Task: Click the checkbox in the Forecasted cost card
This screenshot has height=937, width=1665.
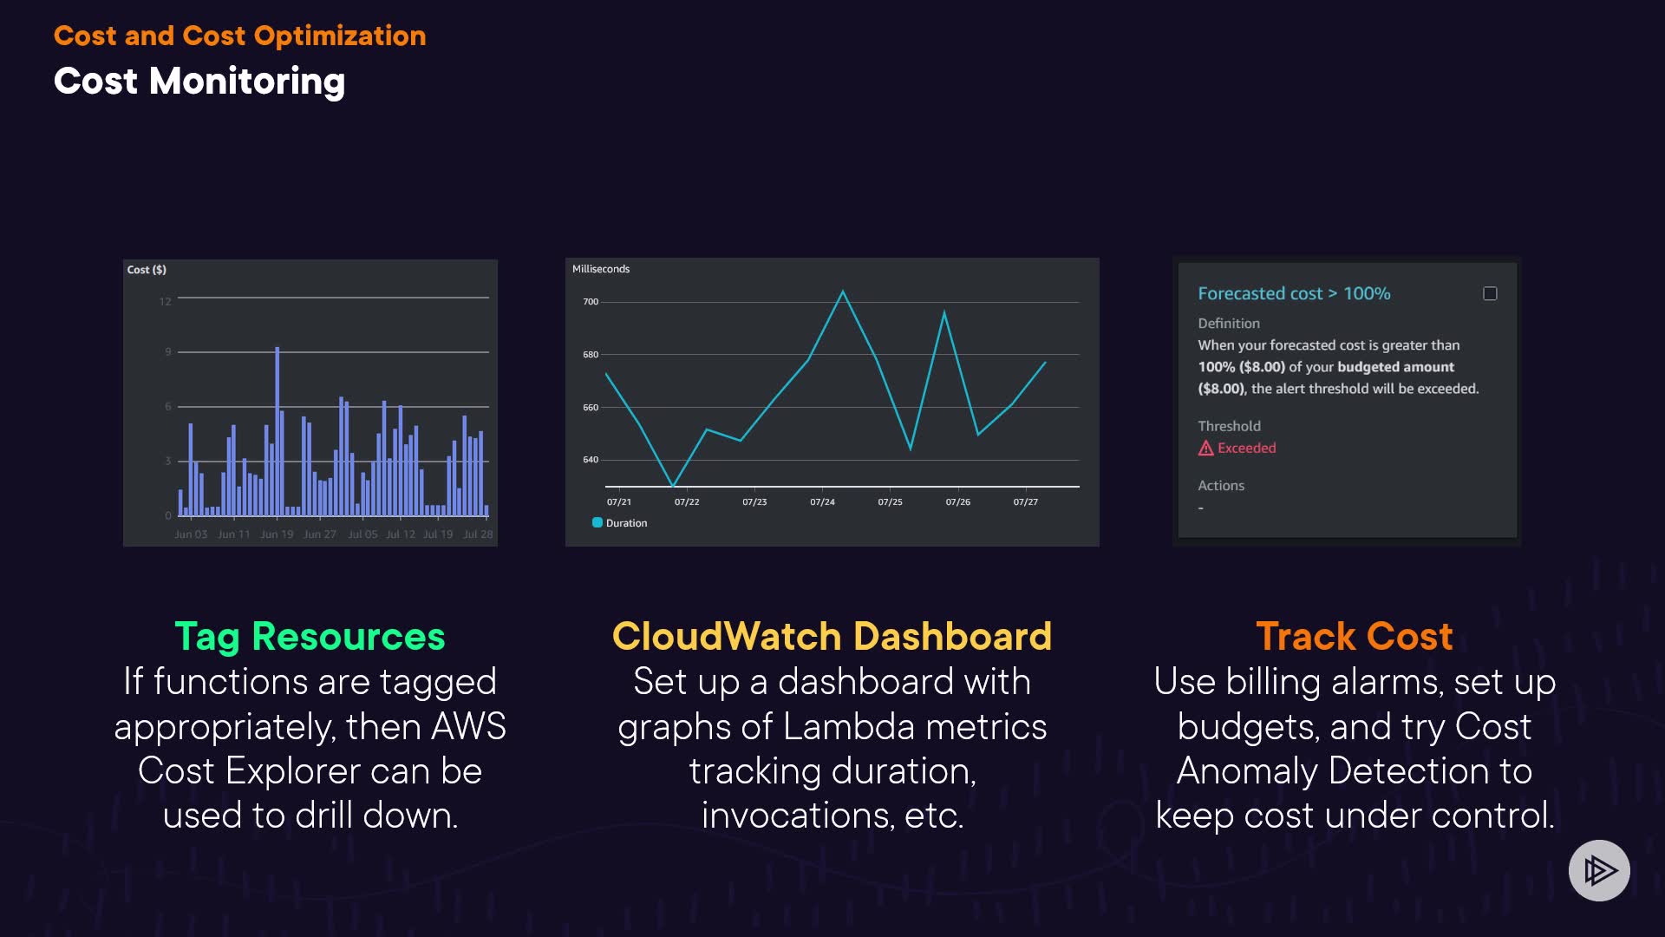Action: (x=1490, y=294)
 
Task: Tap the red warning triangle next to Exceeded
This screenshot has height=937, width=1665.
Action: (x=1205, y=449)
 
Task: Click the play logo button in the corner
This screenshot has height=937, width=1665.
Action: (x=1599, y=870)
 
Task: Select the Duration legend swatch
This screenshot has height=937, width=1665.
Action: (x=597, y=522)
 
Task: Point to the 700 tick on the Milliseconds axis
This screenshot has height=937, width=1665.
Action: (x=591, y=302)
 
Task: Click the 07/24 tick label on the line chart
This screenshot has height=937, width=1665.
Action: (x=822, y=502)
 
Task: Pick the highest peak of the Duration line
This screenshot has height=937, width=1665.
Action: (x=842, y=292)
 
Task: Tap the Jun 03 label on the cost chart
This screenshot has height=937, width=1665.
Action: (x=191, y=534)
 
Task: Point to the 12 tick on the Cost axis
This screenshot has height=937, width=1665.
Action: (x=165, y=302)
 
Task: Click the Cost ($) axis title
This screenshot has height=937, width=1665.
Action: (x=147, y=270)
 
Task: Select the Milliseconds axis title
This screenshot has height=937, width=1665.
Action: (x=601, y=269)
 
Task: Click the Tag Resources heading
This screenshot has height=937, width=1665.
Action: (x=310, y=636)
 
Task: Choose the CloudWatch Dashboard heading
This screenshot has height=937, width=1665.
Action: (x=832, y=636)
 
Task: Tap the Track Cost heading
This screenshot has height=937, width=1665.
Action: (x=1354, y=636)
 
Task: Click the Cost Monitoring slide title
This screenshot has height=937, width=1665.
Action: (x=199, y=82)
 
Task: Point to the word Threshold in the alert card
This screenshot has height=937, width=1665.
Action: (x=1229, y=426)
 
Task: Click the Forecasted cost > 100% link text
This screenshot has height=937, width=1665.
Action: (x=1294, y=294)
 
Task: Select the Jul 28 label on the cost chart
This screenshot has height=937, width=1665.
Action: (x=478, y=534)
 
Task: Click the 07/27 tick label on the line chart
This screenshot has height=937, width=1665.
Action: (x=1025, y=502)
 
